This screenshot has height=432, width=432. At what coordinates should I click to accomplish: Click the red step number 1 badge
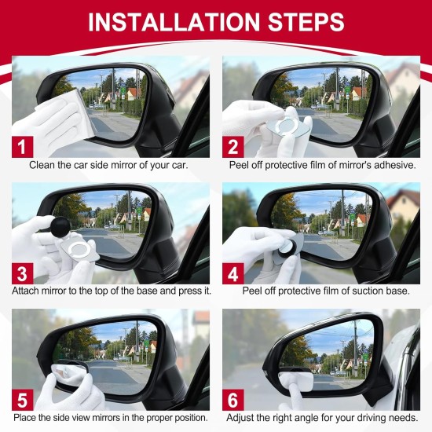click(21, 146)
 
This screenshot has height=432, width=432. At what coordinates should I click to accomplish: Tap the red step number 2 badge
click(232, 146)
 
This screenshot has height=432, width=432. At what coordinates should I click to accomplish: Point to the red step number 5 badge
click(21, 398)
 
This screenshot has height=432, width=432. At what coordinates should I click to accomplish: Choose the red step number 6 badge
click(232, 398)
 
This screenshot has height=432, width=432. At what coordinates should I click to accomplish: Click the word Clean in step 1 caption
click(43, 165)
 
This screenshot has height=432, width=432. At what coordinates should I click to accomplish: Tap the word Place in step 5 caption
click(26, 417)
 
